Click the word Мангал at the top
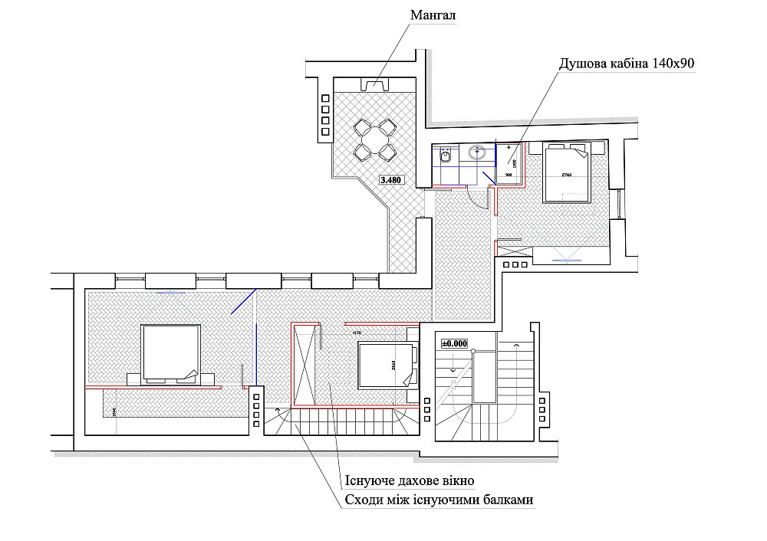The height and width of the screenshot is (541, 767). point(433,15)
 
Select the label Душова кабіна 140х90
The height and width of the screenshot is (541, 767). point(626,64)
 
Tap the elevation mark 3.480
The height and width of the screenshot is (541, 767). point(391,182)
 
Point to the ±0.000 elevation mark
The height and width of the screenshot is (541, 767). point(453,343)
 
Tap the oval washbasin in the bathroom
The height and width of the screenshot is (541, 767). point(478,152)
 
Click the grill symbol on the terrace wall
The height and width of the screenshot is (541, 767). point(375,84)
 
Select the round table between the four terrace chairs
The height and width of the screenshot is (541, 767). point(375,139)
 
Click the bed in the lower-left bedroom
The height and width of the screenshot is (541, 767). point(171,353)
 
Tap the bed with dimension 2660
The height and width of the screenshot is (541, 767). point(387,366)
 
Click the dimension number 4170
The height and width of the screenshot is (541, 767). point(356,333)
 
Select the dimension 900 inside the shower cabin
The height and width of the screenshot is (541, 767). point(509,175)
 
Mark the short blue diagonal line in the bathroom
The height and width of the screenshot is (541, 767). point(488,182)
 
